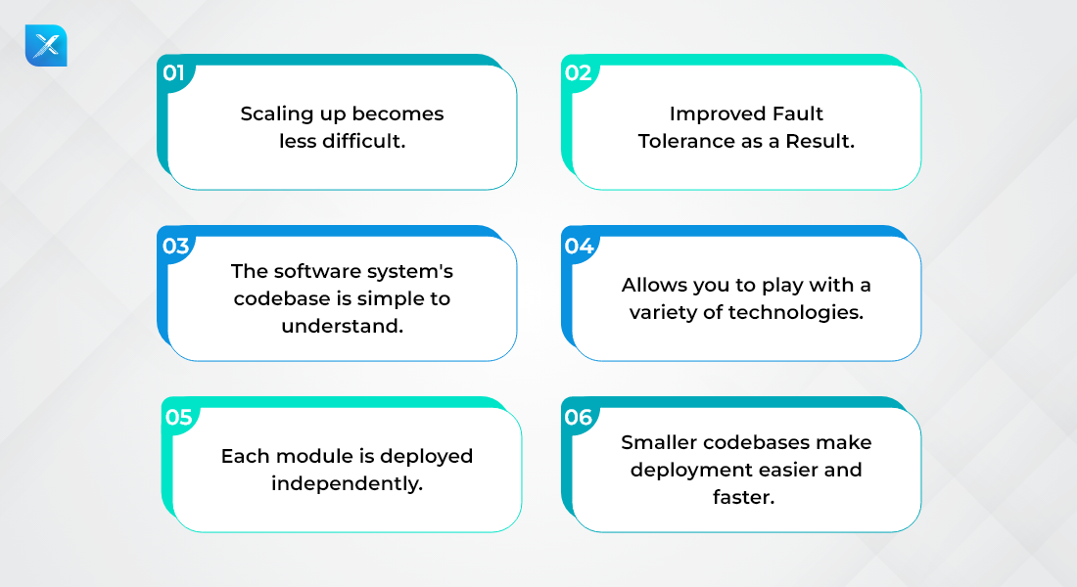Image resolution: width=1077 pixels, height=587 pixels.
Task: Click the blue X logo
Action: pyautogui.click(x=46, y=46)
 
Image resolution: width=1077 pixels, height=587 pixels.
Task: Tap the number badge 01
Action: pyautogui.click(x=173, y=72)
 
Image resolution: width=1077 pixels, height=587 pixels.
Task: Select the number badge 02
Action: pyautogui.click(x=579, y=72)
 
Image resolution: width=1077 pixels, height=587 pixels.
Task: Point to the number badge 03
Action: pyautogui.click(x=176, y=246)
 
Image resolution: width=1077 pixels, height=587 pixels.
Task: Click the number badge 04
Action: pyautogui.click(x=579, y=246)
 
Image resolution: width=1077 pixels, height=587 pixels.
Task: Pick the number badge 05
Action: pyautogui.click(x=178, y=417)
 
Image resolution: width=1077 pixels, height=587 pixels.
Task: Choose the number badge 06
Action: pyautogui.click(x=579, y=417)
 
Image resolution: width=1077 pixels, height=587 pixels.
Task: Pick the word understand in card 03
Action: pyautogui.click(x=342, y=326)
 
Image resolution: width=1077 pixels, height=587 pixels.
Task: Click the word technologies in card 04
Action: pyautogui.click(x=795, y=312)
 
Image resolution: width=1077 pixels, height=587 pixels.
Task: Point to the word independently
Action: pyautogui.click(x=347, y=483)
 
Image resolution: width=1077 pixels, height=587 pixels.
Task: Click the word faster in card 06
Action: pyautogui.click(x=743, y=497)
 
